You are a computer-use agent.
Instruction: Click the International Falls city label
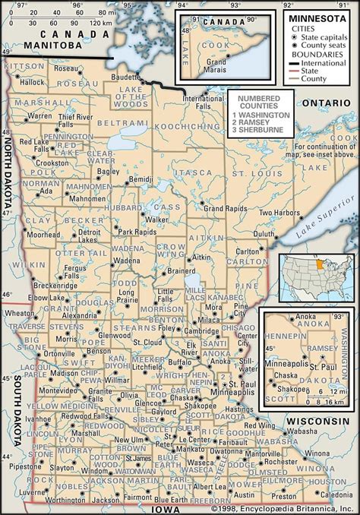click(205, 103)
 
